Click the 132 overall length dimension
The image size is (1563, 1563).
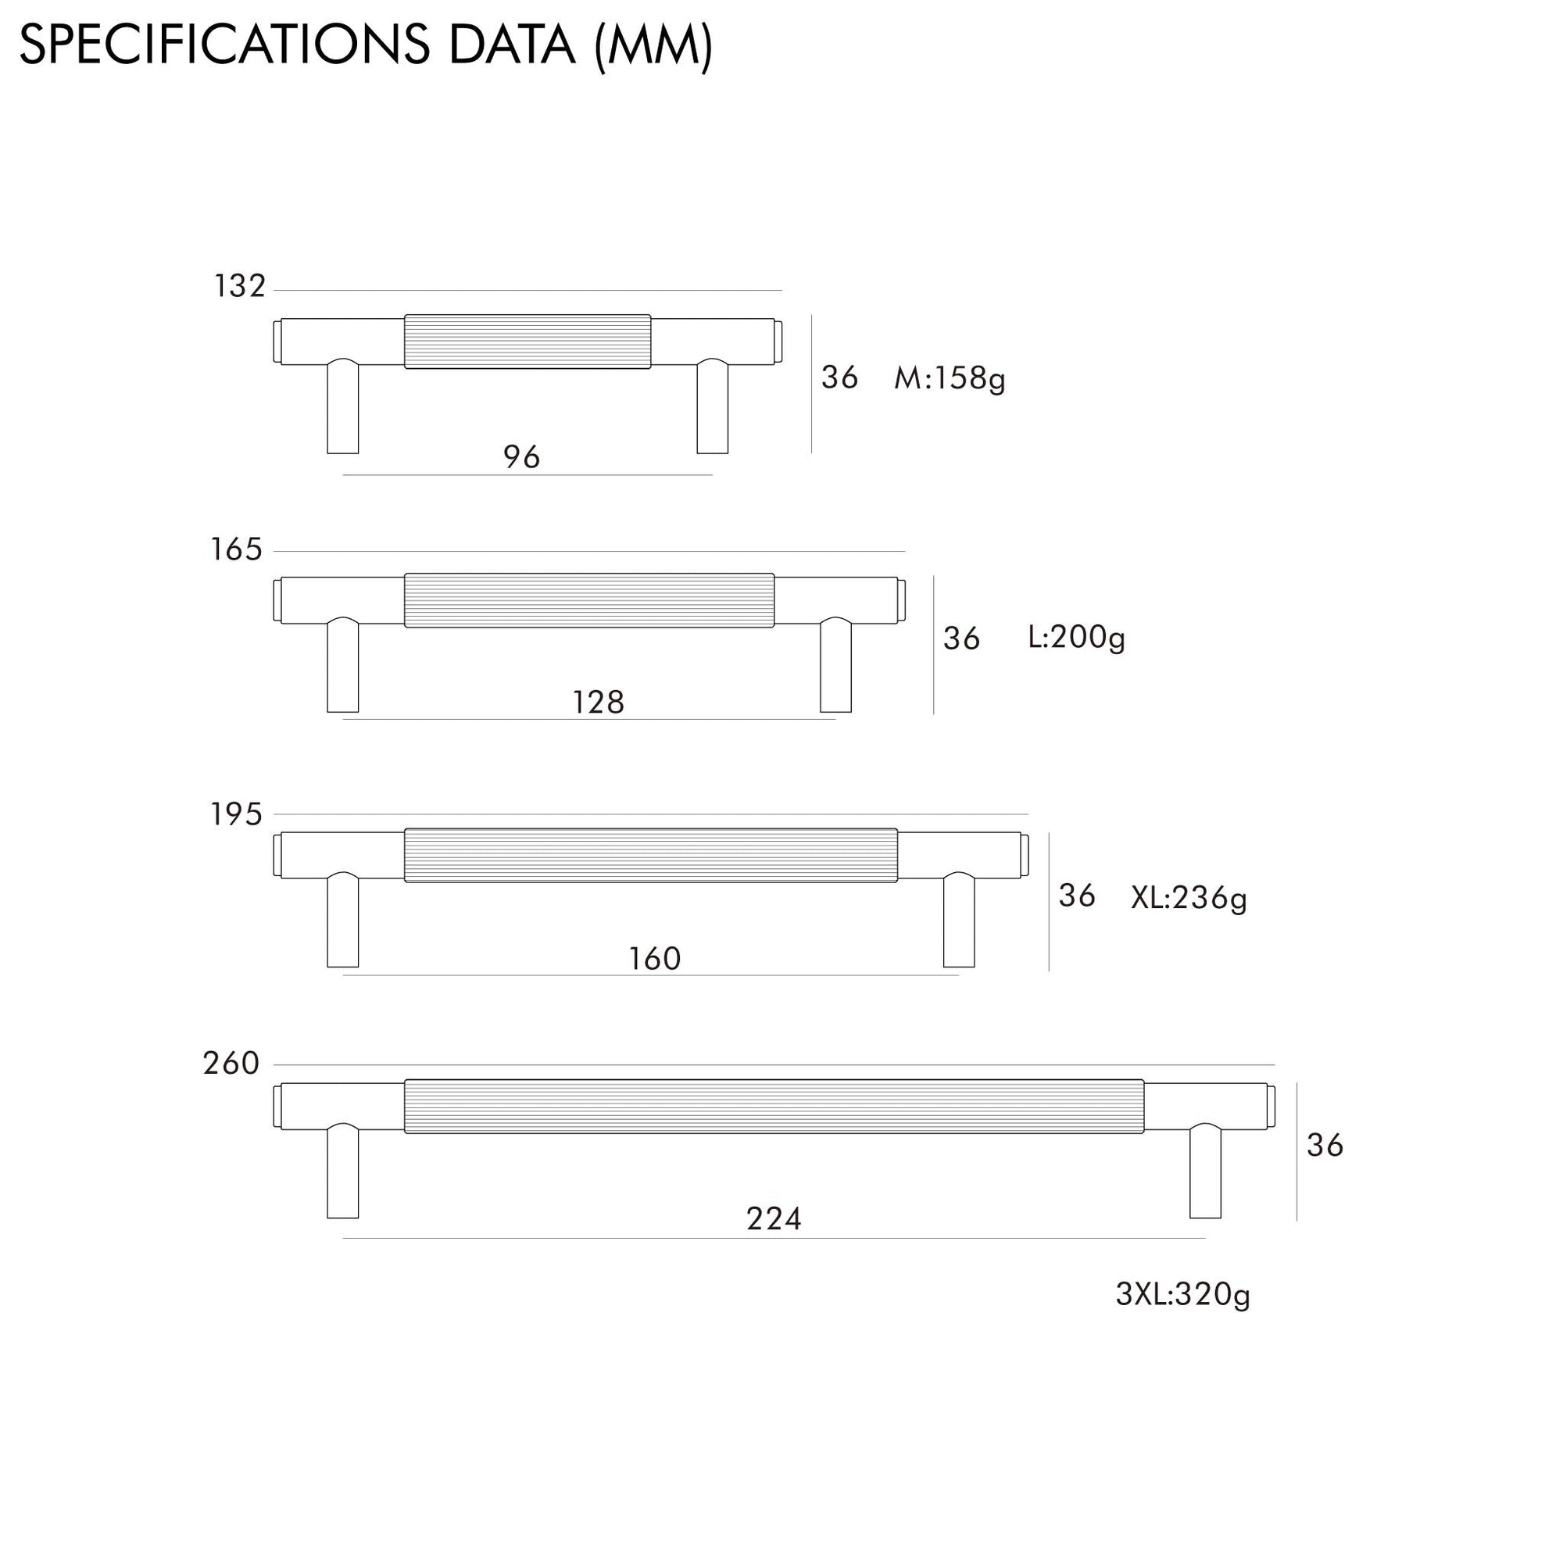point(239,285)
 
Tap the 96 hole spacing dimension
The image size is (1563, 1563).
point(522,457)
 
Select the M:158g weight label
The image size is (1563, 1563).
point(950,378)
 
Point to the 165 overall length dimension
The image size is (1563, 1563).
point(236,549)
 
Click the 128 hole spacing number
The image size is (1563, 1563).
point(599,703)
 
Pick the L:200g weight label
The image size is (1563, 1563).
point(1077,638)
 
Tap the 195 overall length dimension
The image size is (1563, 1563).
point(236,814)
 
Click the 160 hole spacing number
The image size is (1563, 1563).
point(656,959)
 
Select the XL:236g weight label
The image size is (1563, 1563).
point(1189,898)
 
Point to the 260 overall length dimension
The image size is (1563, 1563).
point(231,1063)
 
